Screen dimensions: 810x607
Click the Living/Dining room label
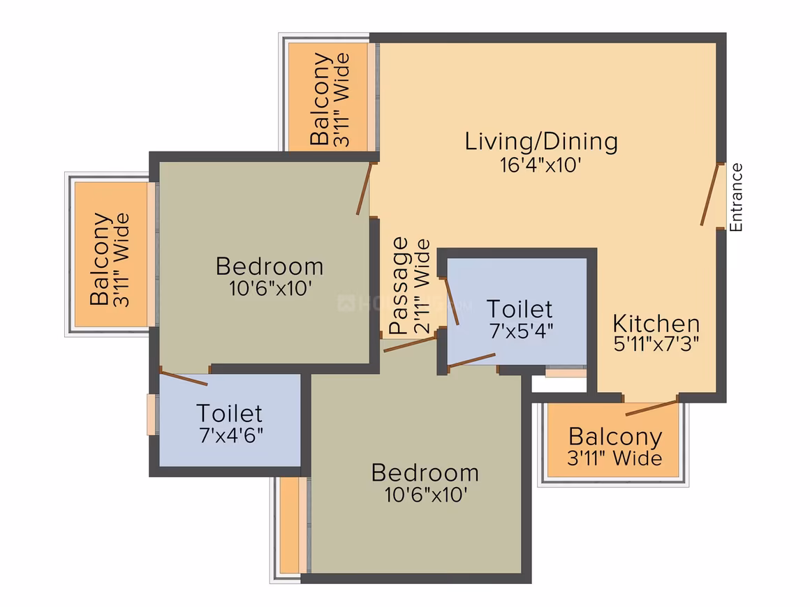[x=541, y=142]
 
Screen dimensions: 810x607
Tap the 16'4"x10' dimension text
[x=540, y=165]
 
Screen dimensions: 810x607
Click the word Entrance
[x=736, y=197]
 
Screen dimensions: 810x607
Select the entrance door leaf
[x=709, y=194]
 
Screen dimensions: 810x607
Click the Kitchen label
[x=656, y=324]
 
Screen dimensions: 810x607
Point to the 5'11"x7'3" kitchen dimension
[x=656, y=344]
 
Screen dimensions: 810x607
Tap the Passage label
[x=399, y=285]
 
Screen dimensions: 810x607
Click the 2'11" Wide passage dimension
[x=422, y=286]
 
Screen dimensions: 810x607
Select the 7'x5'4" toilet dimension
[x=521, y=330]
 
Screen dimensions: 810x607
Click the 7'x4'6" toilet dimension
[x=231, y=435]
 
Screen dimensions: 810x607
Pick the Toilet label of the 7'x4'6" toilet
[x=229, y=414]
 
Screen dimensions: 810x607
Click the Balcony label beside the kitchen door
[x=615, y=437]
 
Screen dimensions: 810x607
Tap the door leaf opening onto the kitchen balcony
[x=651, y=407]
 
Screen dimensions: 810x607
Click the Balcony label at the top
[x=320, y=98]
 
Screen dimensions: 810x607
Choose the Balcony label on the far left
[x=100, y=259]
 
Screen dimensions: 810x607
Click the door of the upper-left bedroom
[x=364, y=188]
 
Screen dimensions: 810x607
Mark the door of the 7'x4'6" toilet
[x=184, y=376]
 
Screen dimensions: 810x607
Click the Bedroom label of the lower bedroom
[x=425, y=473]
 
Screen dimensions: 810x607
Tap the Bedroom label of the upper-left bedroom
[x=270, y=267]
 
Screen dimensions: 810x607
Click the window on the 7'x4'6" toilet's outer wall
[x=152, y=414]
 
